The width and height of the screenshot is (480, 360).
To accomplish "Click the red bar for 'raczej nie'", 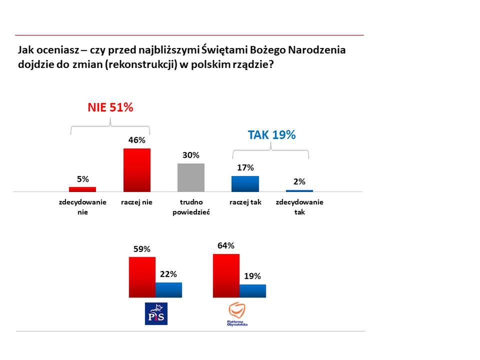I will pyautogui.click(x=136, y=170).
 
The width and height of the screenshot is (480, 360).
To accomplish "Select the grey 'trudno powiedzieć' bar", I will pyautogui.click(x=191, y=177).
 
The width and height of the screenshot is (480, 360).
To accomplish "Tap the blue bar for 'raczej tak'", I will pyautogui.click(x=245, y=184).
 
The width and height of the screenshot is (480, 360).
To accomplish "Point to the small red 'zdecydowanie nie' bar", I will pyautogui.click(x=82, y=189).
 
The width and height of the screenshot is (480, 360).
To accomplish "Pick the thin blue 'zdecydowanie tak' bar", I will pyautogui.click(x=299, y=191).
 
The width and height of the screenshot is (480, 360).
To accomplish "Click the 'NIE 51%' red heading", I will pyautogui.click(x=110, y=107).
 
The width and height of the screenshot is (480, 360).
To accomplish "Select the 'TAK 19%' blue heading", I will pyautogui.click(x=272, y=134).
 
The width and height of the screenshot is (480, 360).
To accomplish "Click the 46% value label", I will pyautogui.click(x=136, y=140).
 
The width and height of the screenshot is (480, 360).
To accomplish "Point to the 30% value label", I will pyautogui.click(x=191, y=155).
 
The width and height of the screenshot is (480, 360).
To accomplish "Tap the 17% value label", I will pyautogui.click(x=245, y=168).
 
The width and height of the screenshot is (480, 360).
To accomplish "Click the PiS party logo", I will pyautogui.click(x=156, y=313).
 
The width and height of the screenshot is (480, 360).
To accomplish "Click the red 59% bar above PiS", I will pyautogui.click(x=142, y=277).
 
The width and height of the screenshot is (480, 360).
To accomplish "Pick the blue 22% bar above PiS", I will pyautogui.click(x=168, y=290).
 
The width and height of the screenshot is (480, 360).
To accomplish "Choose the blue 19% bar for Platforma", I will pyautogui.click(x=252, y=291).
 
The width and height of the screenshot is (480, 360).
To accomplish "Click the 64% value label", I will pyautogui.click(x=226, y=245).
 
